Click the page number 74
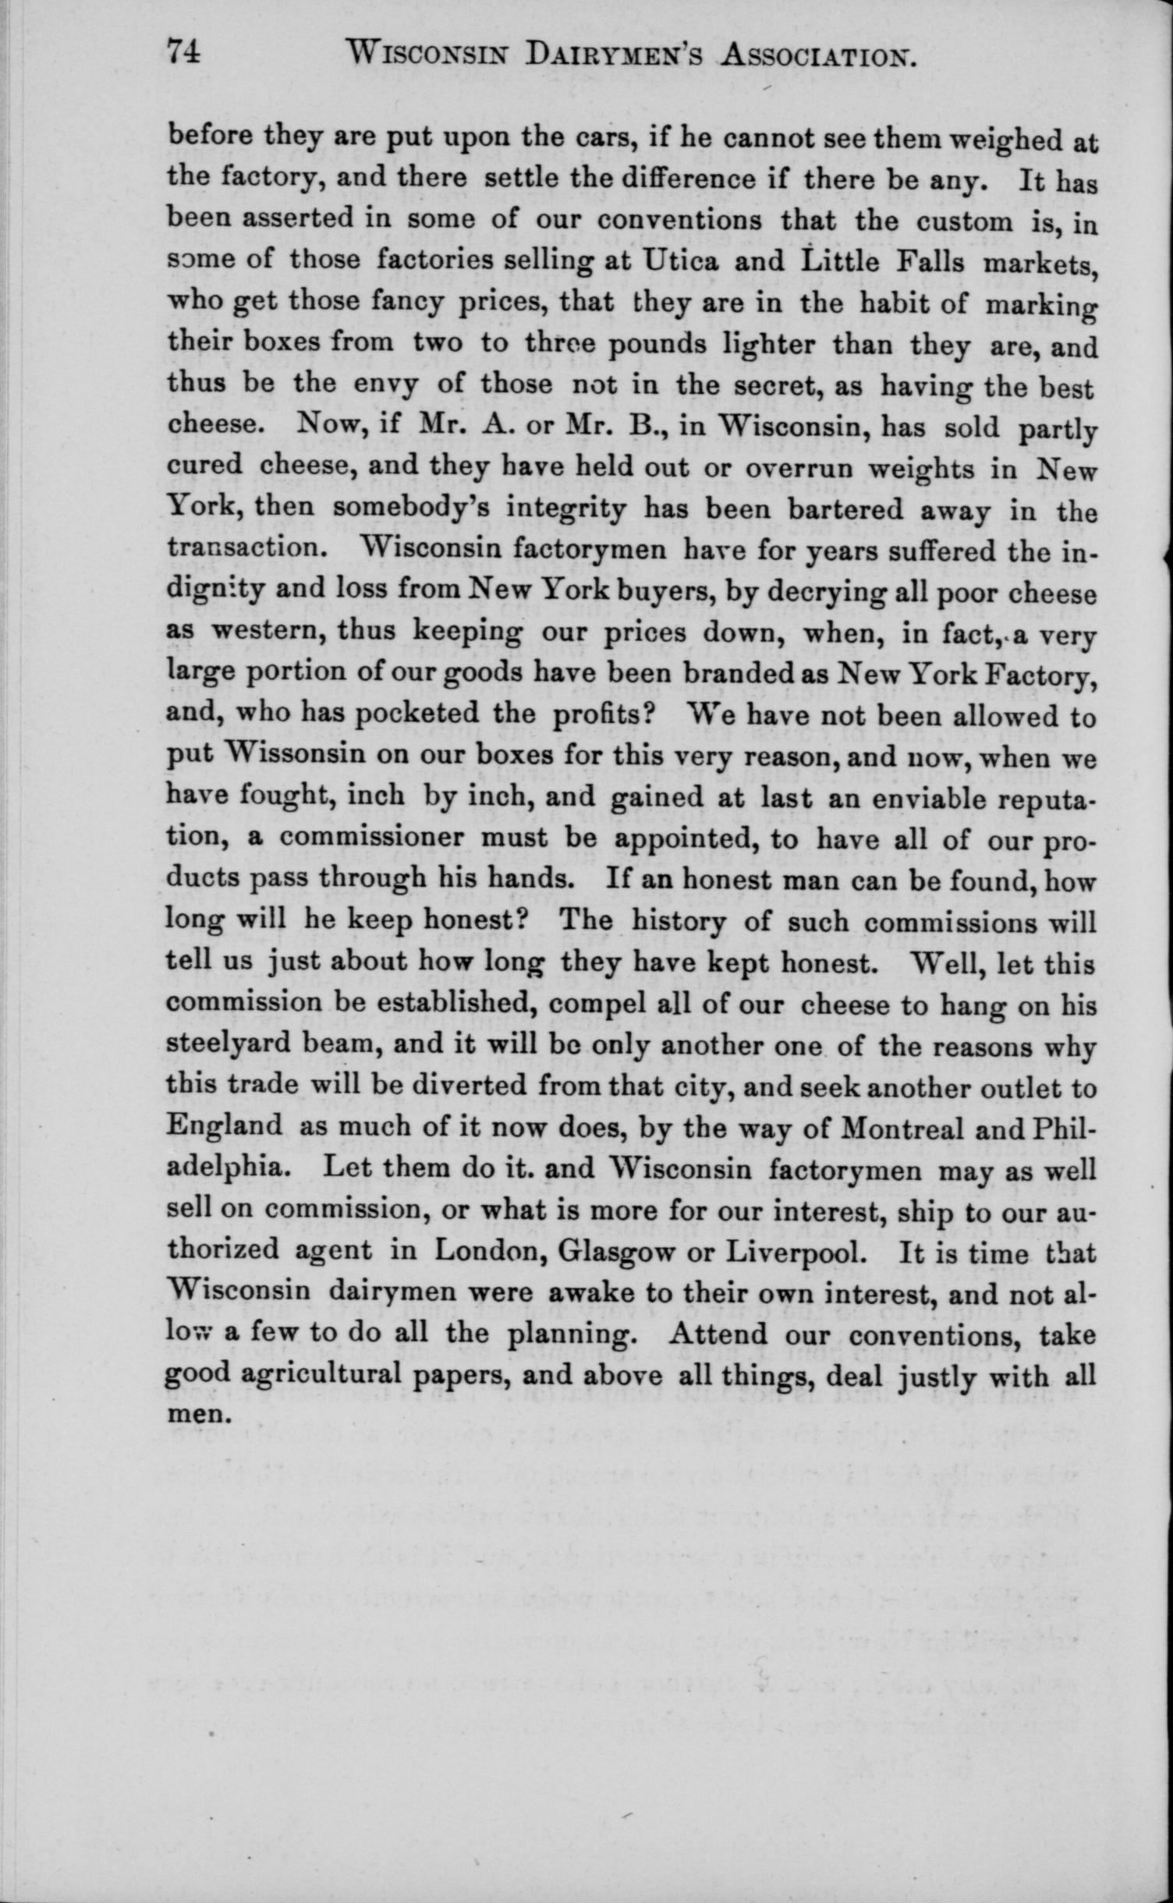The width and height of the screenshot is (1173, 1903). click(x=184, y=53)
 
